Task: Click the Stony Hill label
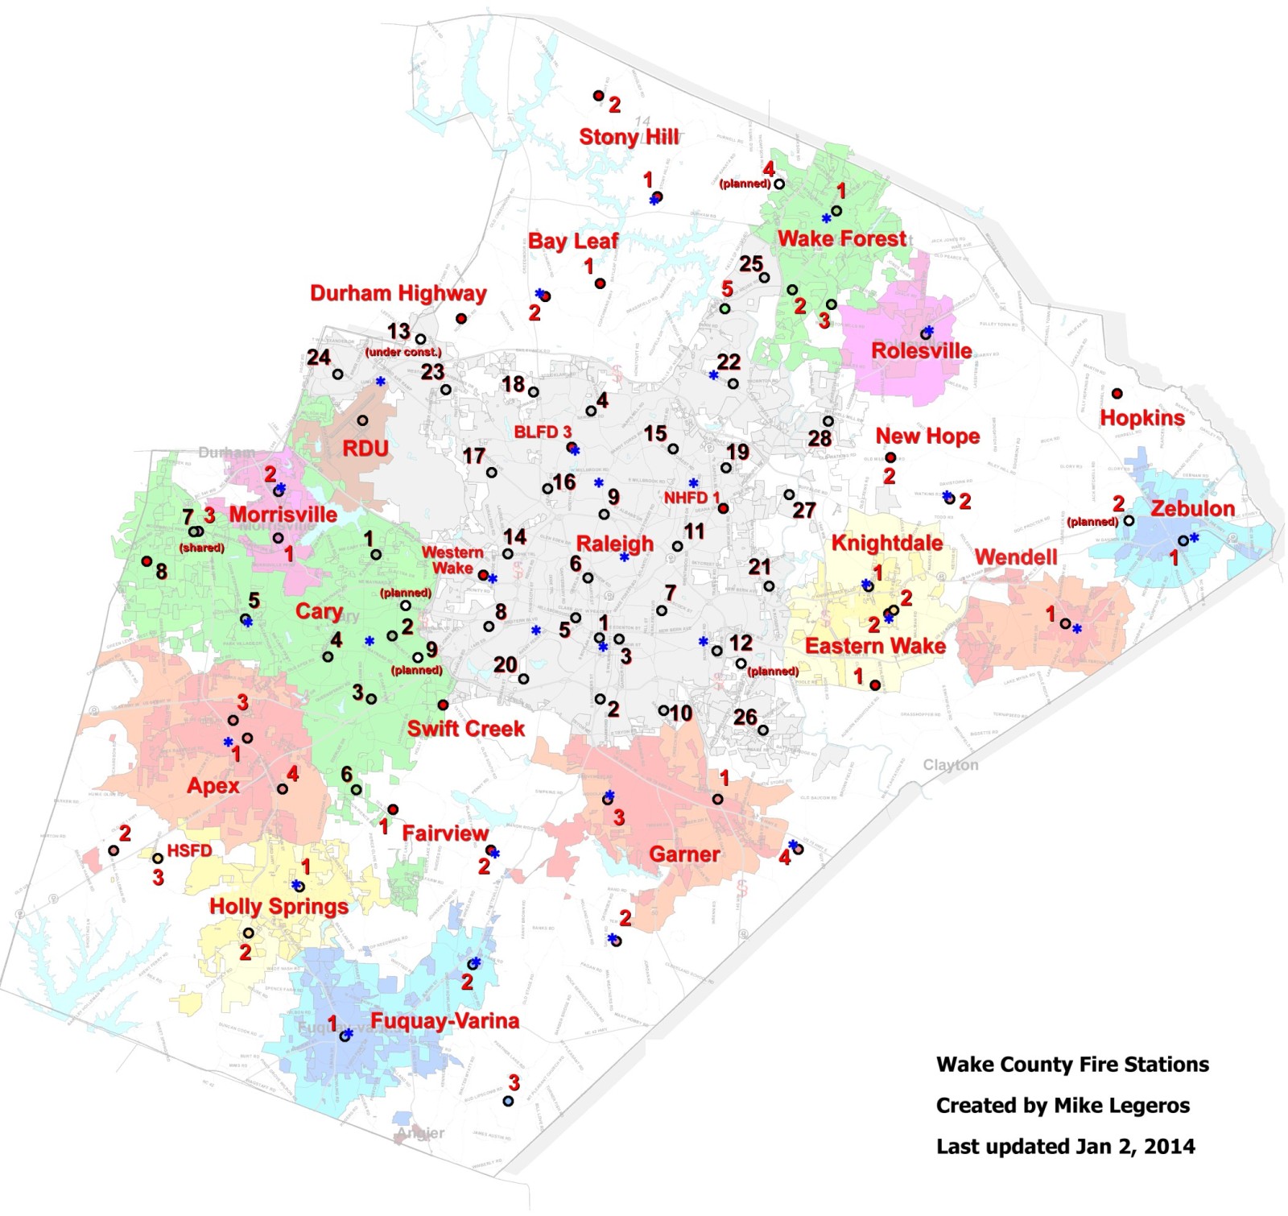point(629,137)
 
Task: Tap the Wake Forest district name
point(841,238)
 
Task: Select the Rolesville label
point(922,351)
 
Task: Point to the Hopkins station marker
point(1117,394)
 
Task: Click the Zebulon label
point(1192,509)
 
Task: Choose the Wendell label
point(1016,557)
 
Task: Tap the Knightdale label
point(886,543)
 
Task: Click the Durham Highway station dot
point(461,319)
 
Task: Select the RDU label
point(365,449)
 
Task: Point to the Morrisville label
point(283,515)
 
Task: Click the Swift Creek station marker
point(443,705)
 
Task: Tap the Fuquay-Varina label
point(444,1021)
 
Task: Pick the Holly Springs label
point(279,907)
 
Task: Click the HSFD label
point(189,851)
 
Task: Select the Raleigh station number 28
point(819,439)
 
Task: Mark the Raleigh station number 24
point(319,357)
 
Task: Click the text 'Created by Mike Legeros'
point(1063,1106)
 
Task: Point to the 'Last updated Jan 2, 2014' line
point(1065,1147)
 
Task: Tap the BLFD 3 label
point(543,432)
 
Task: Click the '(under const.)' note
point(403,353)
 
